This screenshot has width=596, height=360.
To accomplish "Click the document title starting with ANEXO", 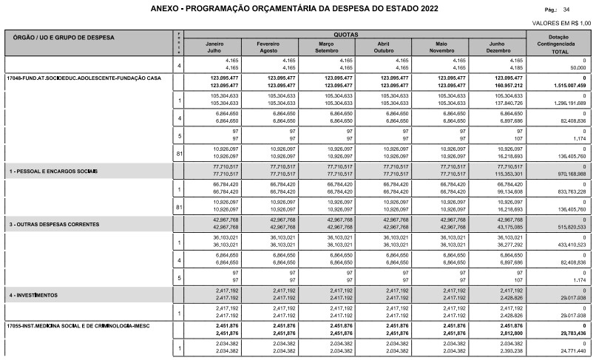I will (x=294, y=9).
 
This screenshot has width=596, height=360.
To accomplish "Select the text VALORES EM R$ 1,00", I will (x=561, y=24).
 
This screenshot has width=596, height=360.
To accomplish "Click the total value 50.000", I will (x=575, y=67).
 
